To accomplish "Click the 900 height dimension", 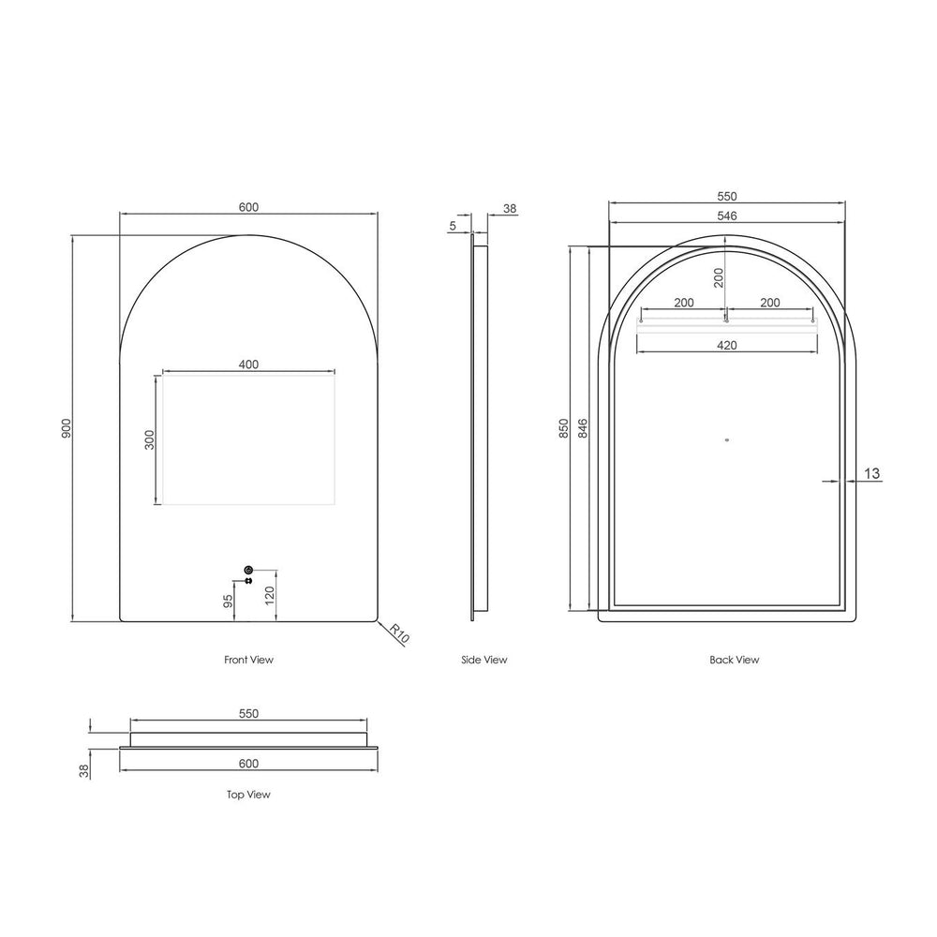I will pos(66,428).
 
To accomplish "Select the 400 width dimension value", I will pos(248,364).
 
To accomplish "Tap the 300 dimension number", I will pos(149,439).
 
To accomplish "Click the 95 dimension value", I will pos(228,602).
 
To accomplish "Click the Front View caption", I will pos(248,660).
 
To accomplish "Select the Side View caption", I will pos(484,660).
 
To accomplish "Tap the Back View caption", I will pos(734,660).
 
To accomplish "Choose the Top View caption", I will pos(248,795).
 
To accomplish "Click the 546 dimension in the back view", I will pos(727,216).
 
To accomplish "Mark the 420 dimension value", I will pos(727,345).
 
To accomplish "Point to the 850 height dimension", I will pos(564,428).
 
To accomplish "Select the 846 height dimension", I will pos(583,428).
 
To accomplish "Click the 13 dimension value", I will pos(871,474).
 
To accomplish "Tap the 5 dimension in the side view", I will pos(453,226).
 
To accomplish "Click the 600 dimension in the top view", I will pos(248,763).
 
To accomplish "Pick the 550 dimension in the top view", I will pos(248,713).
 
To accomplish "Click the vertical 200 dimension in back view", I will pos(719,277).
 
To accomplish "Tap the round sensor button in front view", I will pos(248,570).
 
